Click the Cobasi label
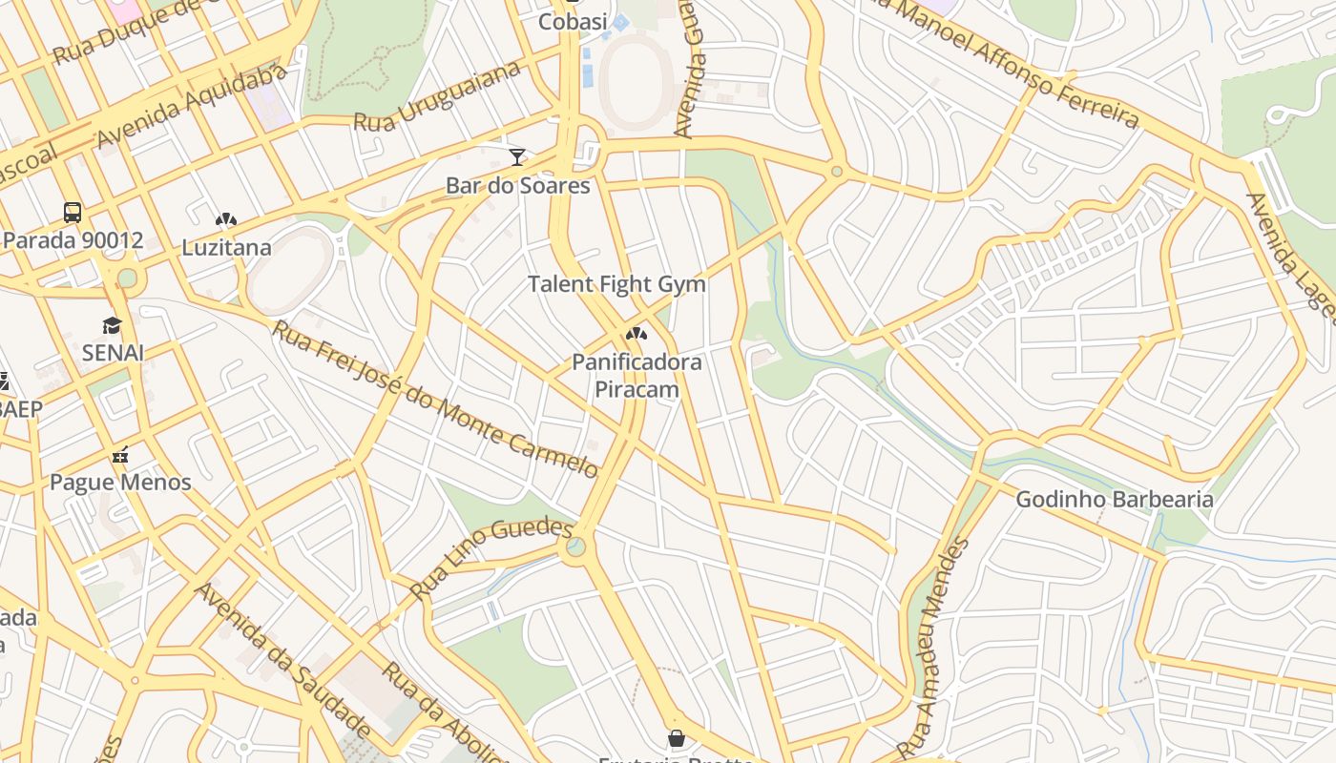coord(573,21)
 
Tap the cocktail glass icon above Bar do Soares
coord(517,156)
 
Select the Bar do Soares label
coord(518,186)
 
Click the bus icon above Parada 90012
coord(73,212)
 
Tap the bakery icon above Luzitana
coord(226,220)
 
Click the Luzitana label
coord(227,248)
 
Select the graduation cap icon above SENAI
coord(113,325)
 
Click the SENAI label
coord(113,353)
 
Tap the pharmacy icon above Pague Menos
coord(120,455)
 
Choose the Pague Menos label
coord(120,483)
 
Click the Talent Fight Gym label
coord(617,284)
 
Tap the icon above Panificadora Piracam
coord(637,334)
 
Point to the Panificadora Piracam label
coord(637,376)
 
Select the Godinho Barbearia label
coord(1115,499)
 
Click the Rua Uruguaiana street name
coord(438,97)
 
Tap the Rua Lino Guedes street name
coord(491,558)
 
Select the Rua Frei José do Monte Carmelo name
coord(436,400)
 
